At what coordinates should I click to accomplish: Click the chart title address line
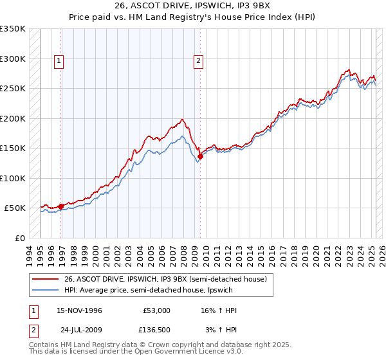click(x=193, y=6)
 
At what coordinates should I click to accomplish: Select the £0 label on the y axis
click(x=20, y=238)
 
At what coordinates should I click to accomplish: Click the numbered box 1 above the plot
click(x=59, y=61)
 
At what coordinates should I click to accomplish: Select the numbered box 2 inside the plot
click(x=198, y=61)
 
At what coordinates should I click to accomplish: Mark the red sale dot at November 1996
click(x=60, y=206)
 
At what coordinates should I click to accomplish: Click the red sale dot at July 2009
click(x=200, y=156)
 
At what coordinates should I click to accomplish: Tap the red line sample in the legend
click(x=46, y=278)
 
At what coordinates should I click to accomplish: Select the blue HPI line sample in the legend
click(x=46, y=291)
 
